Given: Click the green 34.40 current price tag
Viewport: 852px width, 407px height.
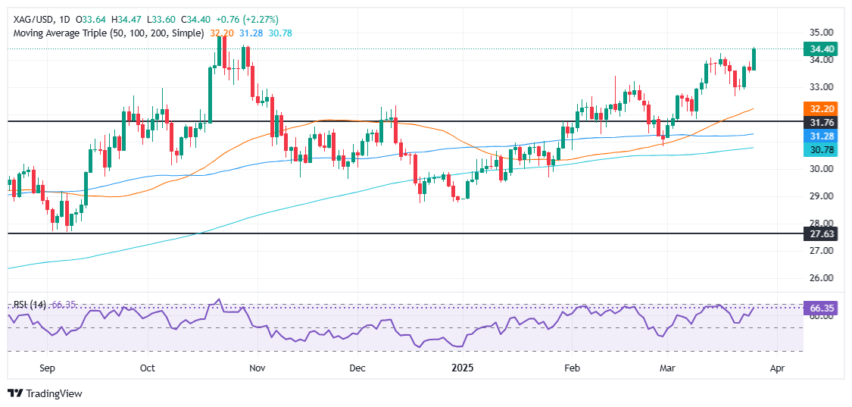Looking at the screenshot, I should (823, 49).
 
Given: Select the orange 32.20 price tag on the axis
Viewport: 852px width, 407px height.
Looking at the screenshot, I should (823, 108).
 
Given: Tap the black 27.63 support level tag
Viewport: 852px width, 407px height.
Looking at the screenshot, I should (823, 233).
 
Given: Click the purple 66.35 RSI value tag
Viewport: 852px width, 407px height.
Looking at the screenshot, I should (823, 309).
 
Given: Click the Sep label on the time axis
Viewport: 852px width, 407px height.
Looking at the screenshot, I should (47, 368).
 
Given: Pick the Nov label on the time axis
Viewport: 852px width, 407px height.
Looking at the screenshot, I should (257, 368).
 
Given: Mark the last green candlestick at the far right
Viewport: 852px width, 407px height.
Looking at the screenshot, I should (754, 59).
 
